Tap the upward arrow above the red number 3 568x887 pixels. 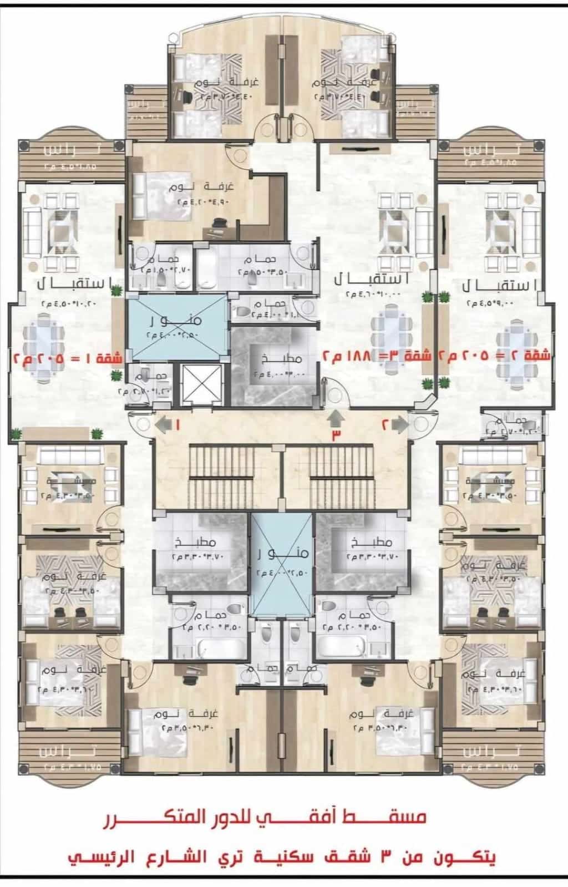click(335, 417)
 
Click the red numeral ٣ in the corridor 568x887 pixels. click(336, 435)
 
